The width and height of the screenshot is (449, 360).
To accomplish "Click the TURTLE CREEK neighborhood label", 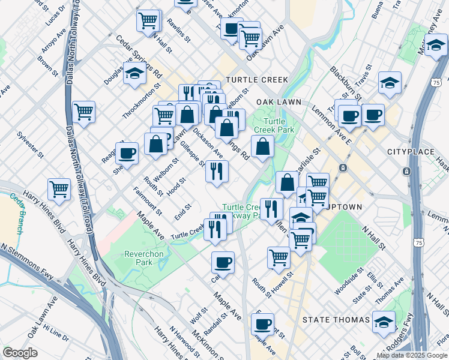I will tap(257, 80).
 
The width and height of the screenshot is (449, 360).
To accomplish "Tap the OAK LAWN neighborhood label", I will tap(279, 103).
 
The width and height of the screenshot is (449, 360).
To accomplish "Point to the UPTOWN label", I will tap(343, 207).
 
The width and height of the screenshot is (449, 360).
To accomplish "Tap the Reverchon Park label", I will tap(143, 258).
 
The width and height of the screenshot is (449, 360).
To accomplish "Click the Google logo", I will tap(20, 353).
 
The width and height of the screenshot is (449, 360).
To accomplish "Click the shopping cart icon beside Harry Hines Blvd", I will tap(59, 189).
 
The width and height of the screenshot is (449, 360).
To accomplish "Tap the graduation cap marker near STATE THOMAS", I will tap(384, 322).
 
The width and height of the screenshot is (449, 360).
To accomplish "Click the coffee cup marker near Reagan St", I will tap(127, 153).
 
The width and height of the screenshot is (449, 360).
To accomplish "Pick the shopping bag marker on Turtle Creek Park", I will tap(262, 146).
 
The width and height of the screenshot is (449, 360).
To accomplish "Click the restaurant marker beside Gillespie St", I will tap(217, 171).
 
